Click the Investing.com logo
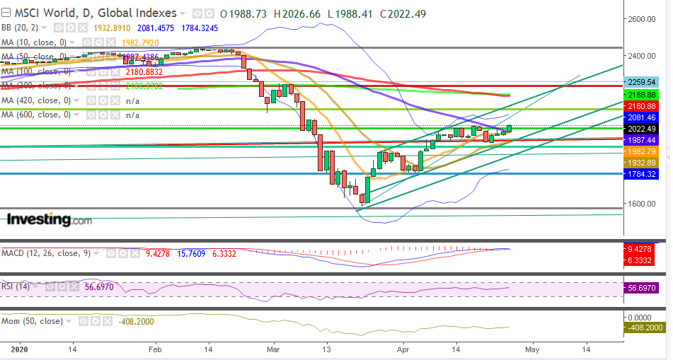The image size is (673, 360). (x=50, y=220)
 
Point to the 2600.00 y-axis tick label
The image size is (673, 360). (x=645, y=19)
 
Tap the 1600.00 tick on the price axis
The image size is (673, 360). (x=645, y=204)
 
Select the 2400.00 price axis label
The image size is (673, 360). (x=645, y=56)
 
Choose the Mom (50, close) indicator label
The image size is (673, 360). (x=33, y=321)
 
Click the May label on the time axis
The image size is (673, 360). (x=531, y=349)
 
